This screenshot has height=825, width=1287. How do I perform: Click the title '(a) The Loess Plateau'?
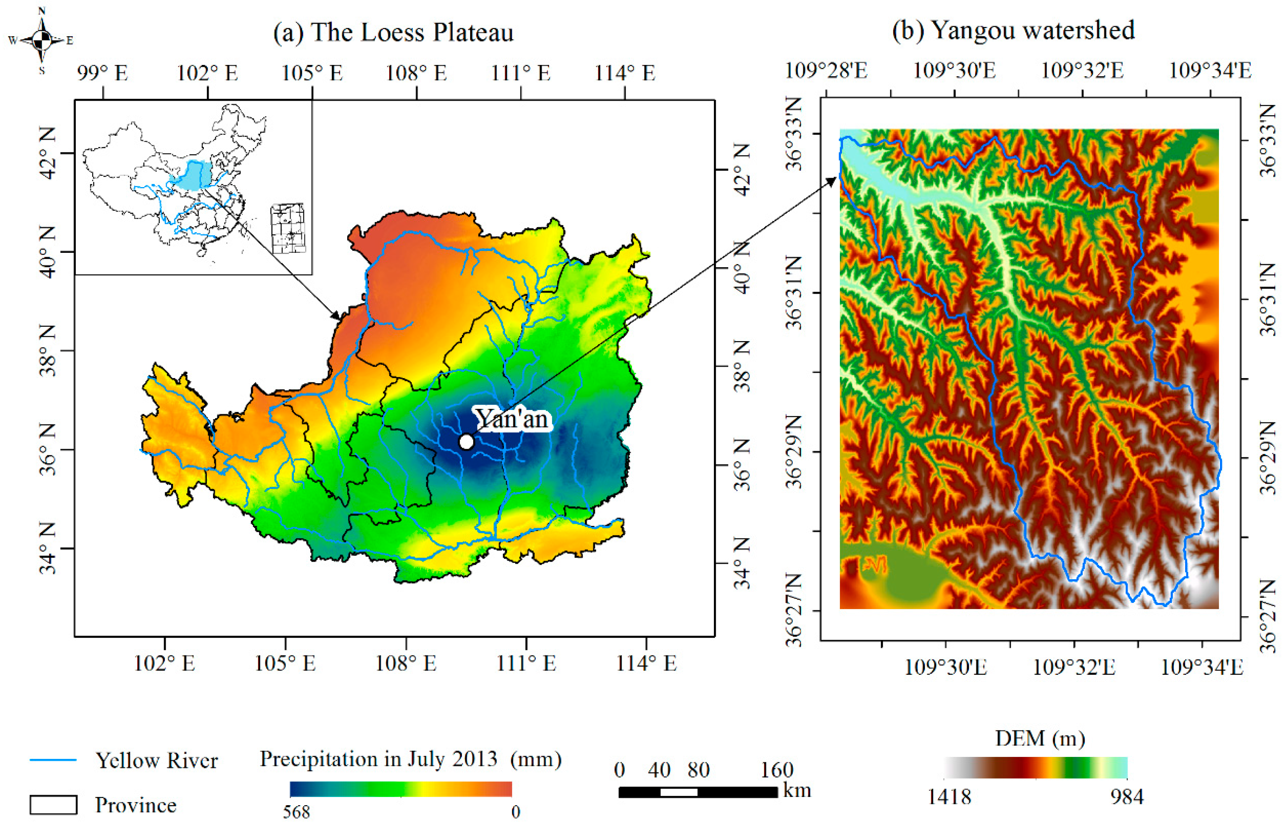pos(393,32)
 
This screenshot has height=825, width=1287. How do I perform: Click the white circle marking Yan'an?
pos(466,442)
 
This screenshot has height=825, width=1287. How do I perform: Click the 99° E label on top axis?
pos(102,73)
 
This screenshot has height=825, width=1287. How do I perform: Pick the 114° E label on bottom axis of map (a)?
pos(646,664)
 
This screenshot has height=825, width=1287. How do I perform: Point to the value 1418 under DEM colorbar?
pos(949,797)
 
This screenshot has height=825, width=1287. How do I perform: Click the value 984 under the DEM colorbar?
pos(1126,797)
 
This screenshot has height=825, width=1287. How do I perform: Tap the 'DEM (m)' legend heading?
pos(1040,739)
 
